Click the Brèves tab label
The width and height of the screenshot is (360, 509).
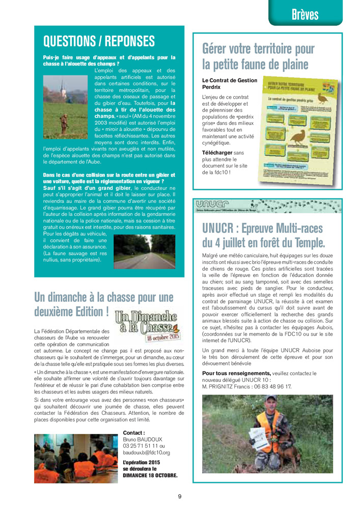point(305,14)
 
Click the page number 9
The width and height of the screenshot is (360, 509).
point(180,496)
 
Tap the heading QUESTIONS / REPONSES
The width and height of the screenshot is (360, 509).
point(99,41)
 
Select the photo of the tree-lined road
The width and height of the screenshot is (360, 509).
point(145,251)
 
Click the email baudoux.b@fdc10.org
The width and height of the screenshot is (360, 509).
point(147,452)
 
